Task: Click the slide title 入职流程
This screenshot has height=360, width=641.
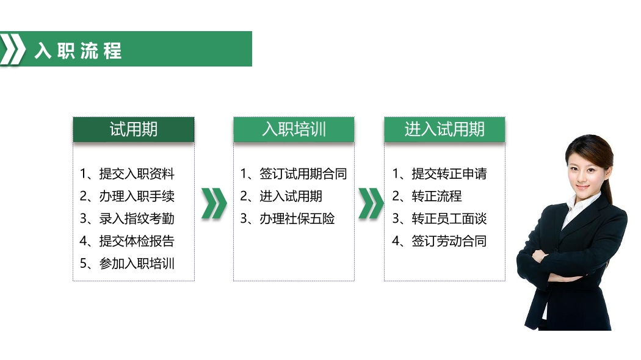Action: (78, 51)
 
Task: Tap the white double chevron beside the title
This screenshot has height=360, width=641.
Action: (13, 49)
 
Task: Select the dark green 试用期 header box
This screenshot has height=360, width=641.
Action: (134, 129)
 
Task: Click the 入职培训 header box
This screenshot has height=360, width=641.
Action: (294, 129)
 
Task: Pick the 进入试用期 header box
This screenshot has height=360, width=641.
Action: (445, 129)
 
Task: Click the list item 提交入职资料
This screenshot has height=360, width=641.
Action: (127, 174)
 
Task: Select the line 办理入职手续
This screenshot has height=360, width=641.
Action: (127, 196)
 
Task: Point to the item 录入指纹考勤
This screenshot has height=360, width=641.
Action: (127, 218)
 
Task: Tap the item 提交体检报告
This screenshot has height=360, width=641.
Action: (127, 241)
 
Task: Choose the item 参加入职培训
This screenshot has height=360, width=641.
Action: (127, 264)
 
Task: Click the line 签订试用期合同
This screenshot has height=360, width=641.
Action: (294, 174)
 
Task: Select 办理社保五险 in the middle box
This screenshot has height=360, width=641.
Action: (288, 218)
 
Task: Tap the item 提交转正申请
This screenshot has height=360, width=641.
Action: (440, 174)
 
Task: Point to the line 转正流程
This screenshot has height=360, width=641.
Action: (427, 196)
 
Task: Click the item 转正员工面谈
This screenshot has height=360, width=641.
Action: (440, 218)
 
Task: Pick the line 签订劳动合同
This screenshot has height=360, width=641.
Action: (440, 241)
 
